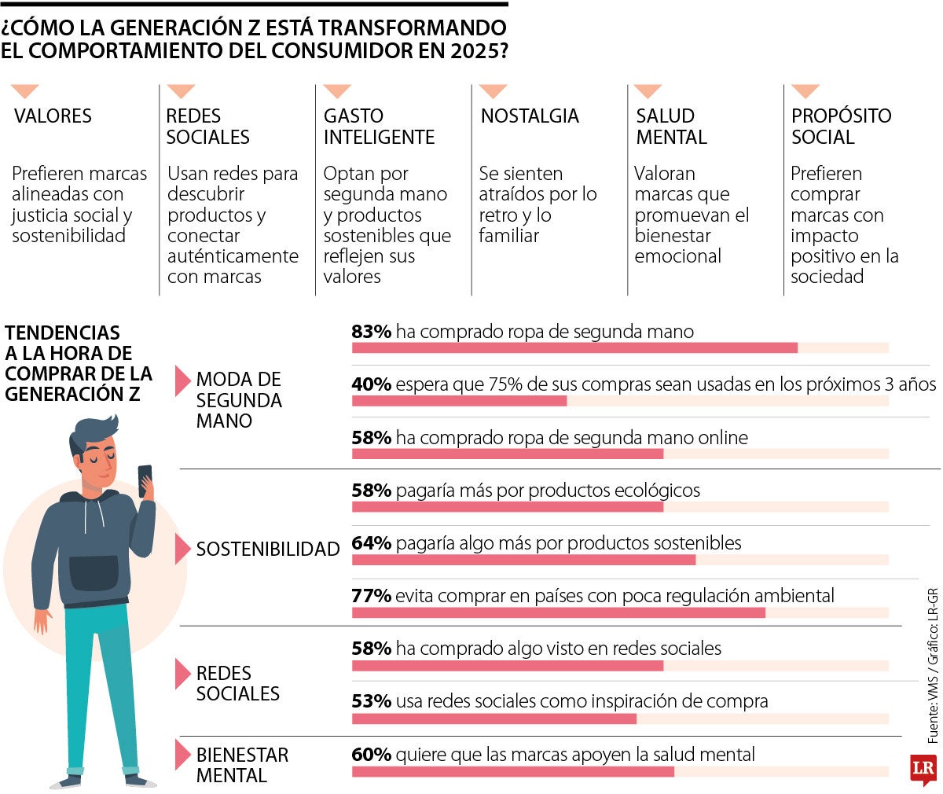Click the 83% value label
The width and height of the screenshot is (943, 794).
click(372, 332)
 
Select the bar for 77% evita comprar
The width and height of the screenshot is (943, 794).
click(558, 612)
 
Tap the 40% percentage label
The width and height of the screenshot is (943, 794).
click(372, 384)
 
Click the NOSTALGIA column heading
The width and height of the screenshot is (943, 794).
click(530, 116)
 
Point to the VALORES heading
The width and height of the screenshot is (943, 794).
click(53, 116)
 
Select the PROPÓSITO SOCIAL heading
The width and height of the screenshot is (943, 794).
click(841, 127)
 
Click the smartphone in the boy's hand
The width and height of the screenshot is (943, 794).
click(145, 480)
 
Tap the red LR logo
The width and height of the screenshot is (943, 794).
click(923, 770)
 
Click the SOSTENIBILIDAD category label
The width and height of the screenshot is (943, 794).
click(268, 549)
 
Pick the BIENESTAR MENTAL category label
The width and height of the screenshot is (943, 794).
click(242, 765)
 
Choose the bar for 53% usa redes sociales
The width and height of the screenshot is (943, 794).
click(494, 718)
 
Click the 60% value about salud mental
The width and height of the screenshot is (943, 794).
click(372, 755)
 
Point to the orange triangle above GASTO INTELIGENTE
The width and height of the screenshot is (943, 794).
click(337, 91)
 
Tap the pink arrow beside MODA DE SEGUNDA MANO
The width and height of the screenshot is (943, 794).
click(182, 380)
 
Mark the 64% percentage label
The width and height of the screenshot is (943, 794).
click(372, 543)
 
